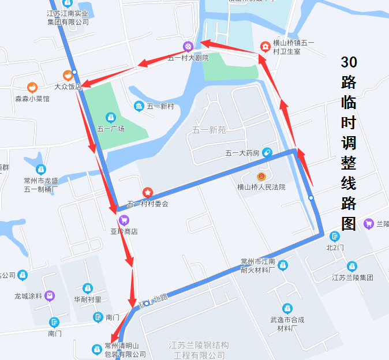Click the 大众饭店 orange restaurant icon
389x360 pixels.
tap(68, 75)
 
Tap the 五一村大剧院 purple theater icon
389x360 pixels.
tap(188, 46)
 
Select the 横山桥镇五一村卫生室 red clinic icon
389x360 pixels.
tap(265, 46)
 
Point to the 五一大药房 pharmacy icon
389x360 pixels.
tap(267, 152)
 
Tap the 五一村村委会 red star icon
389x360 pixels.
tap(148, 192)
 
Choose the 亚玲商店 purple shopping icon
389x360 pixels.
tap(124, 220)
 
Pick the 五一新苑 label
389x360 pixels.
tap(210, 130)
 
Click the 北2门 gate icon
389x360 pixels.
tap(335, 236)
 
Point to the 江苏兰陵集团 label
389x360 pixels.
tap(352, 277)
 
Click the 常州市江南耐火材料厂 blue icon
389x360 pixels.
tap(282, 265)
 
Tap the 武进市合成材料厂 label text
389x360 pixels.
tap(287, 324)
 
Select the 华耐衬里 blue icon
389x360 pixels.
tap(87, 288)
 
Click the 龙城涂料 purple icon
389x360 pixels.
tap(50, 296)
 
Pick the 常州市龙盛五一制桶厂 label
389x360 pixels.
tap(40, 185)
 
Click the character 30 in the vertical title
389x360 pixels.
tap(349, 62)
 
